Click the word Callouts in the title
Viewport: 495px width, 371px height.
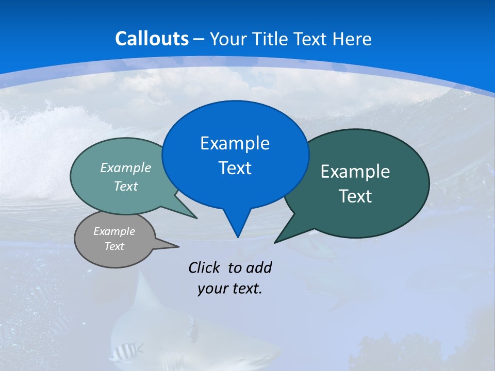[152, 39]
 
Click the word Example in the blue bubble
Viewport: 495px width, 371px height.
[235, 143]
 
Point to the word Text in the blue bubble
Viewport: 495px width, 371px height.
[235, 168]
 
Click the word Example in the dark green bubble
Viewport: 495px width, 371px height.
[355, 172]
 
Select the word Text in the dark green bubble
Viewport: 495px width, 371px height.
[355, 196]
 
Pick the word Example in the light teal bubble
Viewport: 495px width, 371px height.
[126, 167]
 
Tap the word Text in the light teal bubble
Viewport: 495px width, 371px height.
[126, 186]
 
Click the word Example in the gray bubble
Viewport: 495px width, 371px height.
[114, 231]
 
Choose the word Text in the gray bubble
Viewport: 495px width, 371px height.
[114, 246]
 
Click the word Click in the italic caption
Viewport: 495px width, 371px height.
[205, 267]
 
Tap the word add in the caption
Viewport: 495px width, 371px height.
[259, 267]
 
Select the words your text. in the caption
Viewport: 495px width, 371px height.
[230, 289]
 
